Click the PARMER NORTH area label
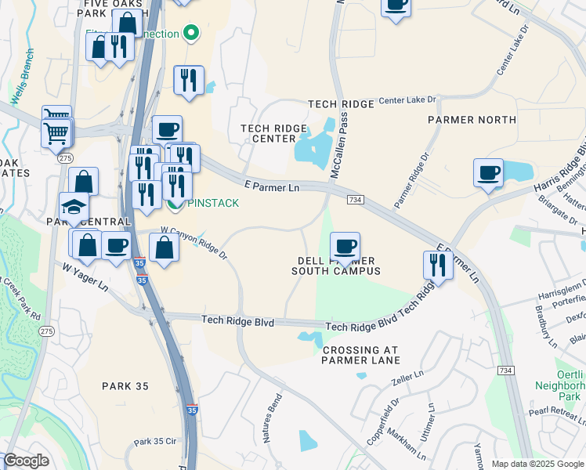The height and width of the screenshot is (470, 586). coord(472,120)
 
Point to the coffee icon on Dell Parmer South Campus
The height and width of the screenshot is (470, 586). coord(345,247)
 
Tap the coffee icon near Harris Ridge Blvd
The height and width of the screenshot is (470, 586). coord(488,172)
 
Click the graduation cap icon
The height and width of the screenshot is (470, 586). coord(74,206)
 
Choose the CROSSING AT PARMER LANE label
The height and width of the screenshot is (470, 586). coord(360,355)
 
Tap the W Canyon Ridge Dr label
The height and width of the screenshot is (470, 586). coord(194,243)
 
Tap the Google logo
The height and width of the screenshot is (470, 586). coord(27,461)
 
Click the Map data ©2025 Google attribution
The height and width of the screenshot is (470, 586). coord(537,464)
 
